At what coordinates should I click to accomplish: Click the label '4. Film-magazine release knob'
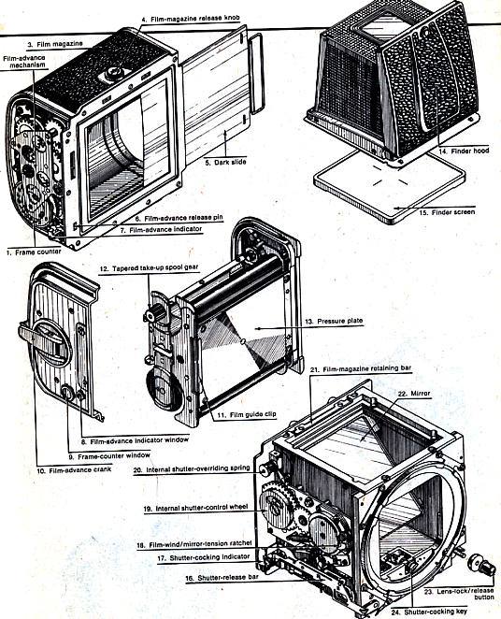click(x=190, y=19)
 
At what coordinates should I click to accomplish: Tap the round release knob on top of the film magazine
click(x=114, y=72)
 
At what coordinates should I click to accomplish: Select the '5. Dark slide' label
click(x=225, y=162)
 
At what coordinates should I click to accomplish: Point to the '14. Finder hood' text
click(x=464, y=151)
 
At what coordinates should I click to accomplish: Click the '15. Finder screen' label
click(x=447, y=212)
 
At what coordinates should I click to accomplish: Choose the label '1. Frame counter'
click(x=34, y=252)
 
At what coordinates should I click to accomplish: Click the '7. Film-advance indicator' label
click(x=161, y=229)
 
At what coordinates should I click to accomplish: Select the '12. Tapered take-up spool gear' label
click(x=149, y=268)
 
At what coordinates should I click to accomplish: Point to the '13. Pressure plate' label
click(x=334, y=322)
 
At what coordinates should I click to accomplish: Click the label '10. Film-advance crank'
click(x=74, y=469)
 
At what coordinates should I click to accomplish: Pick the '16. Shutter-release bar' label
click(x=222, y=578)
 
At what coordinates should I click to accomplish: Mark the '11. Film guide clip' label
click(x=247, y=414)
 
